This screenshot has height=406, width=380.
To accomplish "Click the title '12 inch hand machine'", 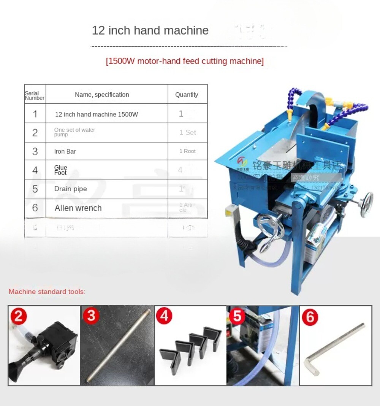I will tap(150, 30).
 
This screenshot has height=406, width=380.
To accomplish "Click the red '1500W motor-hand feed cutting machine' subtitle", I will tap(185, 61).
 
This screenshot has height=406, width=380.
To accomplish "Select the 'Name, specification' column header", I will tap(102, 95).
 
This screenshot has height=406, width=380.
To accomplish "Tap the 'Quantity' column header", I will tap(187, 95).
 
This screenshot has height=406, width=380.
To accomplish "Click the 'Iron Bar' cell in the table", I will tap(65, 151).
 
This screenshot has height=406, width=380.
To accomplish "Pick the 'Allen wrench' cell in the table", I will tap(78, 208).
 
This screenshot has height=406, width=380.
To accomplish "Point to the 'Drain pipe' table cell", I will tap(70, 189).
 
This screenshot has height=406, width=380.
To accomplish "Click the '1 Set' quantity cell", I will tap(188, 132).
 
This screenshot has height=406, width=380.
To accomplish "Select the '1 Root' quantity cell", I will tap(187, 151).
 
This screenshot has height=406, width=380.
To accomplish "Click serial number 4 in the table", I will tap(35, 170).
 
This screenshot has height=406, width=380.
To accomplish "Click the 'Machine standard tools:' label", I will tap(47, 292).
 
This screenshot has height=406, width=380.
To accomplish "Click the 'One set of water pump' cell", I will tap(74, 132).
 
